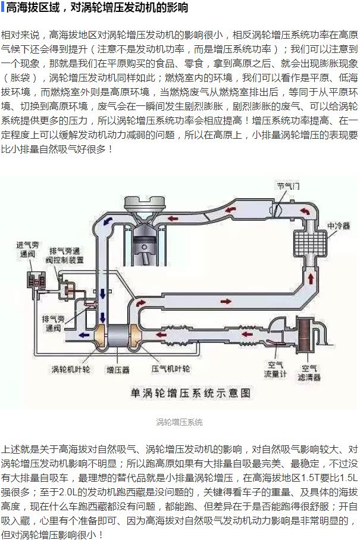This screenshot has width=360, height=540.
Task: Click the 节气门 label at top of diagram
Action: (288, 186)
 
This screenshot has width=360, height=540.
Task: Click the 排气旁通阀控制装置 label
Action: (66, 254)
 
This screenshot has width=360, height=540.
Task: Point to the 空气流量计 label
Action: (276, 369)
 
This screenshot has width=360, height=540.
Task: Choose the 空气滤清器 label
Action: (311, 372)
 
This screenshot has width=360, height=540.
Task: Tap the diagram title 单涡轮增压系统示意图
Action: (190, 393)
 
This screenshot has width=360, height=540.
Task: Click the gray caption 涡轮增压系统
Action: (179, 422)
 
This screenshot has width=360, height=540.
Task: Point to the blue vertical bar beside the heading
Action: (2, 8)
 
